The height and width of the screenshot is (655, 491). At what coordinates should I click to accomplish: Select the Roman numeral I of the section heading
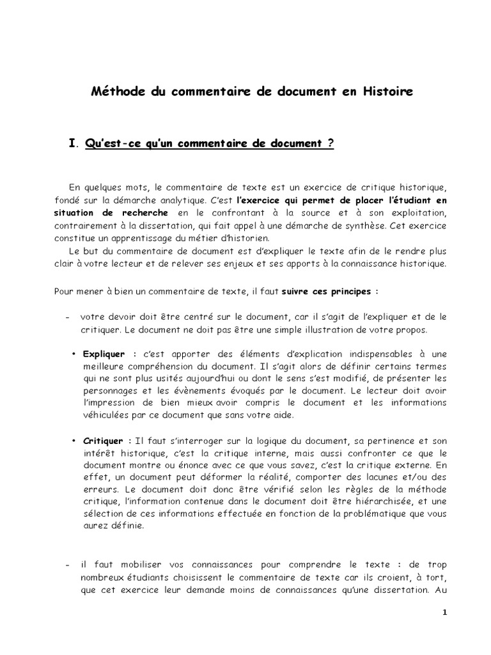72,144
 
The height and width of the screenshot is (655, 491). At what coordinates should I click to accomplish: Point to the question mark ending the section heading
331,144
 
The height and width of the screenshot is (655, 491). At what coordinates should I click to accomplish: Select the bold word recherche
145,212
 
